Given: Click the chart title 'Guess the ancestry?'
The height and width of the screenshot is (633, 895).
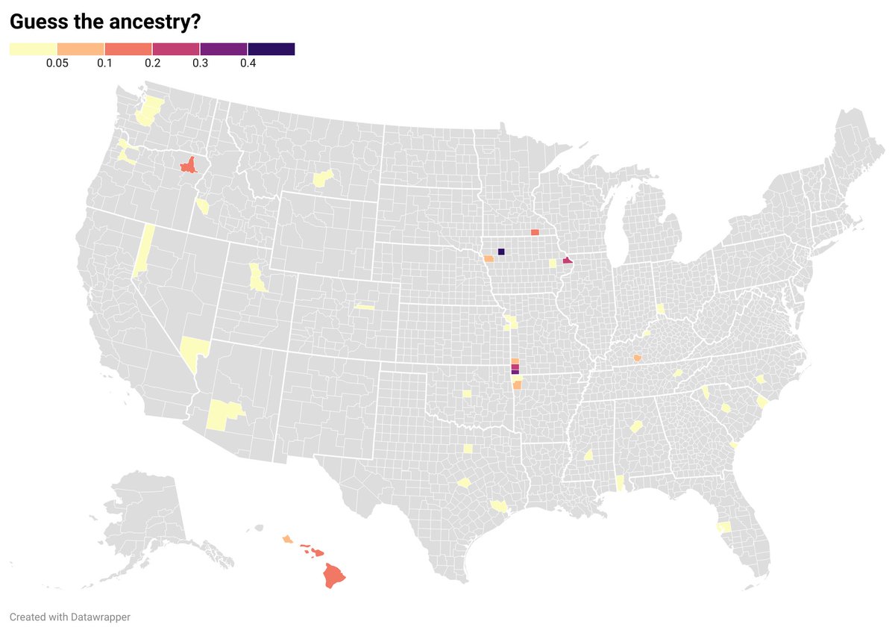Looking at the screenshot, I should coord(104,22).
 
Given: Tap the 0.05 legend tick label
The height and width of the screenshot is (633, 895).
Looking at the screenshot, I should coord(57,63).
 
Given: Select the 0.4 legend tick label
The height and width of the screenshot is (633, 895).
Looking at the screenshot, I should coord(248,63).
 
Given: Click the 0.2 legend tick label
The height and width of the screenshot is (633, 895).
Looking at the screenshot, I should coord(152,63).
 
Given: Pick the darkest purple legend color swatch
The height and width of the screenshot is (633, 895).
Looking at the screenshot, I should coord(271,49).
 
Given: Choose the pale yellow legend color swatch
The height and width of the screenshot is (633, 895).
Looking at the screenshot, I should coord(33,49).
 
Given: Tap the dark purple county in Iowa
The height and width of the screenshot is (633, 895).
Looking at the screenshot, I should coord(500,252).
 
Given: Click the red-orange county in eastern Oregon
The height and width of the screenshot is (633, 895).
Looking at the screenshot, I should coord(189,165).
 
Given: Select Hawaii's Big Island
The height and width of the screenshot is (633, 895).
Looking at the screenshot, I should coord(334,575).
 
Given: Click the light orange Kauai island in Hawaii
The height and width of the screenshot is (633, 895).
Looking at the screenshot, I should coord(287,538).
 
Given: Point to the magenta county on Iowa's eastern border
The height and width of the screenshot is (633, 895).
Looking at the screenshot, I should coord(568,261).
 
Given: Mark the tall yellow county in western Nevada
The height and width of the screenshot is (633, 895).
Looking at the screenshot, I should coord(145,250).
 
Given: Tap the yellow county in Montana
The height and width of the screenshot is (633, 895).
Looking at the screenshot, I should coord(322,178).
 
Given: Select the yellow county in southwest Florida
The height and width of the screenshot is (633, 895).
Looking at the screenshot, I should coord(723,527).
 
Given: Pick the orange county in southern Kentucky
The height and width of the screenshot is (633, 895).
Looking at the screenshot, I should coord(637,359).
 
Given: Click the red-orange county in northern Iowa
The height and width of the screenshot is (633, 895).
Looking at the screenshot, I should coord(535,233).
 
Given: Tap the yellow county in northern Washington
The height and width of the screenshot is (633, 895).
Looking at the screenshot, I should coord(149,110).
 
